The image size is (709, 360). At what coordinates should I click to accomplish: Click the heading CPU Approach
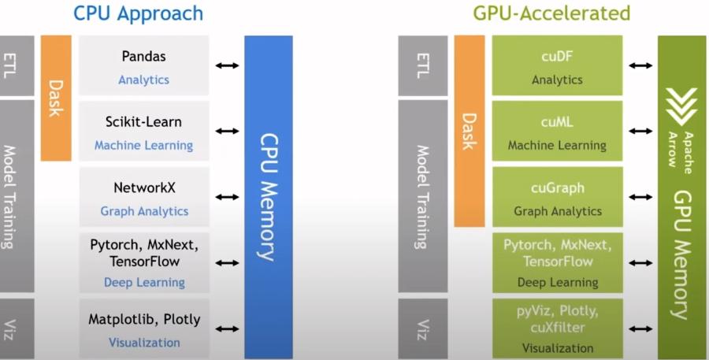138,13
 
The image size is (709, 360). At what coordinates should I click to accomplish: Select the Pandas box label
143,57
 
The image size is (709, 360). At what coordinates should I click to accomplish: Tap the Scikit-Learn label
143,122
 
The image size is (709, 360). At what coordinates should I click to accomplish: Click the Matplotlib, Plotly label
144,320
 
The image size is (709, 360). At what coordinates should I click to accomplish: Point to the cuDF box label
557,57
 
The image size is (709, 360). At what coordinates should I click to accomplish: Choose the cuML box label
557,122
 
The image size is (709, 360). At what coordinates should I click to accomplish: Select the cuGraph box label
557,188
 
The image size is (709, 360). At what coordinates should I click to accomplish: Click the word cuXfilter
557,327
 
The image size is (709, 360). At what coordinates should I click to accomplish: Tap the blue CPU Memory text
268,197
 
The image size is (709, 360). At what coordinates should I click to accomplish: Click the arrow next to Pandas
227,65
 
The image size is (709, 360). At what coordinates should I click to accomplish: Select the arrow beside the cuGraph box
640,197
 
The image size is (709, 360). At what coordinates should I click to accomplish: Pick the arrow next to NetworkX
227,197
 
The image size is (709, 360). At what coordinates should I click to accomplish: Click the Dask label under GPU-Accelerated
470,131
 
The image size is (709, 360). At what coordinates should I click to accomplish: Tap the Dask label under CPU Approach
56,98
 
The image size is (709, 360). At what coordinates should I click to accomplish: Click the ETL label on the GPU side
422,66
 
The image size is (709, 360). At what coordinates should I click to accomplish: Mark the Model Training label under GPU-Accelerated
422,197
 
